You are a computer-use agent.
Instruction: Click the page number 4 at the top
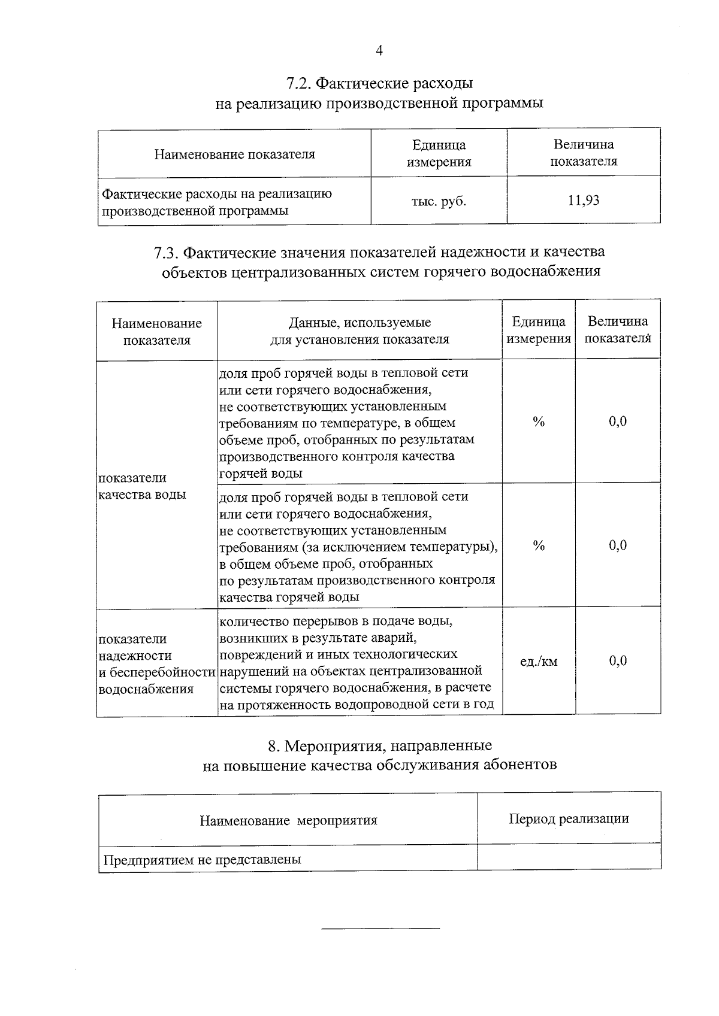[379, 51]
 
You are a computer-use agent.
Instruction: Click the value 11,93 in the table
[584, 201]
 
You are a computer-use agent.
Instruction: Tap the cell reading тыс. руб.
[438, 202]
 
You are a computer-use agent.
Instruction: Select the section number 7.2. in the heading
[298, 83]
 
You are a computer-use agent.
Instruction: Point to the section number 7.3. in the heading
[165, 253]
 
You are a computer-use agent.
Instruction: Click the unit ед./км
[538, 662]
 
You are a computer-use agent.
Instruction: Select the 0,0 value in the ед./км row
[618, 661]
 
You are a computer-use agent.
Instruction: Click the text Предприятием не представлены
[202, 860]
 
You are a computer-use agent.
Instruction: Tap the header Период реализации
[569, 819]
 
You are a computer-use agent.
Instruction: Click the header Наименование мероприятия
[288, 820]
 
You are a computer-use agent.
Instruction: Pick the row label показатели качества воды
[142, 486]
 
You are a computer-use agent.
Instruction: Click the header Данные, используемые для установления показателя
[359, 331]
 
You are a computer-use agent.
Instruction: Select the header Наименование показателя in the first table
[234, 154]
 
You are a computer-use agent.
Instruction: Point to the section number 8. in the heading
[274, 746]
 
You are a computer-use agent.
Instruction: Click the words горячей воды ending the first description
[261, 474]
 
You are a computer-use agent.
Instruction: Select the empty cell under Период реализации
[569, 857]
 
